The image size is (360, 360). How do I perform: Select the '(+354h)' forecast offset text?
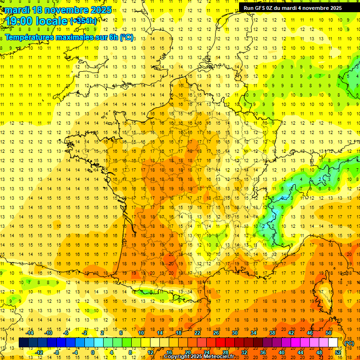click(83, 21)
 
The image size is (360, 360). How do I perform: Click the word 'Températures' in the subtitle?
click(29, 37)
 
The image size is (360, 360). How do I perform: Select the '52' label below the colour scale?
click(338, 352)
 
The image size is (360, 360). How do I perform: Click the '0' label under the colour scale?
click(92, 352)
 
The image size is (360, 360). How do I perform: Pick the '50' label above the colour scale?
click(329, 333)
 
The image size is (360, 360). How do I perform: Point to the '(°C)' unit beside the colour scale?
click(350, 343)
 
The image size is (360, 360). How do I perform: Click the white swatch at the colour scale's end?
click(333, 343)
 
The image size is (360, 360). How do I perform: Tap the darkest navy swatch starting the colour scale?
click(23, 343)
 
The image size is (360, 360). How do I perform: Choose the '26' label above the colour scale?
click(216, 333)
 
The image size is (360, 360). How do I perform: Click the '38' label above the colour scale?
click(272, 333)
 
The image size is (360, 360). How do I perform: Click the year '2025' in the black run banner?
click(333, 8)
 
